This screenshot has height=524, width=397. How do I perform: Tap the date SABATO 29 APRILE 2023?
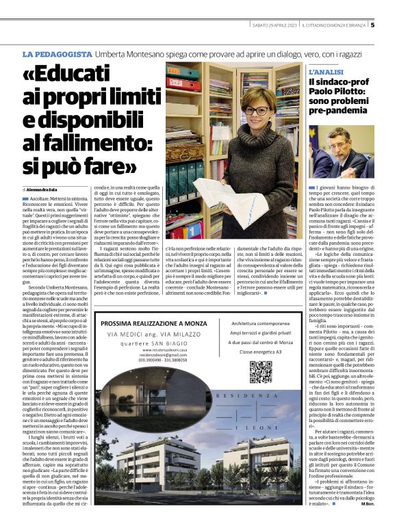coord(273,26)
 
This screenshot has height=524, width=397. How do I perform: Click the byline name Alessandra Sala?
coord(46,189)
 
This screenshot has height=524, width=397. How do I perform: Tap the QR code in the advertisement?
coord(261,371)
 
